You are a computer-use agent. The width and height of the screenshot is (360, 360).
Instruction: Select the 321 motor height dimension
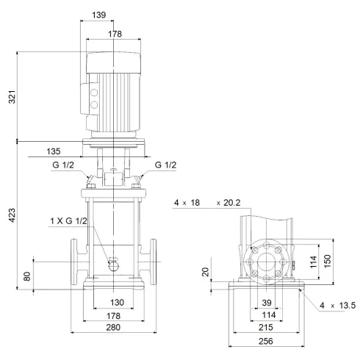click(x=11, y=96)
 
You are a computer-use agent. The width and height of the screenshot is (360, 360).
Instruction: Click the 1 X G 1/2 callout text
click(x=68, y=220)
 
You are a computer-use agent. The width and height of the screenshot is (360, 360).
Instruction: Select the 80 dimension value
click(x=28, y=277)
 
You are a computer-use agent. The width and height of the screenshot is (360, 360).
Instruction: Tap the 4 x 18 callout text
click(x=188, y=202)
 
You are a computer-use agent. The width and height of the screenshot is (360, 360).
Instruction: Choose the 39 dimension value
click(x=266, y=303)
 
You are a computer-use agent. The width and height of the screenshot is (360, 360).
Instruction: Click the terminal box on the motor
click(x=95, y=98)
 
